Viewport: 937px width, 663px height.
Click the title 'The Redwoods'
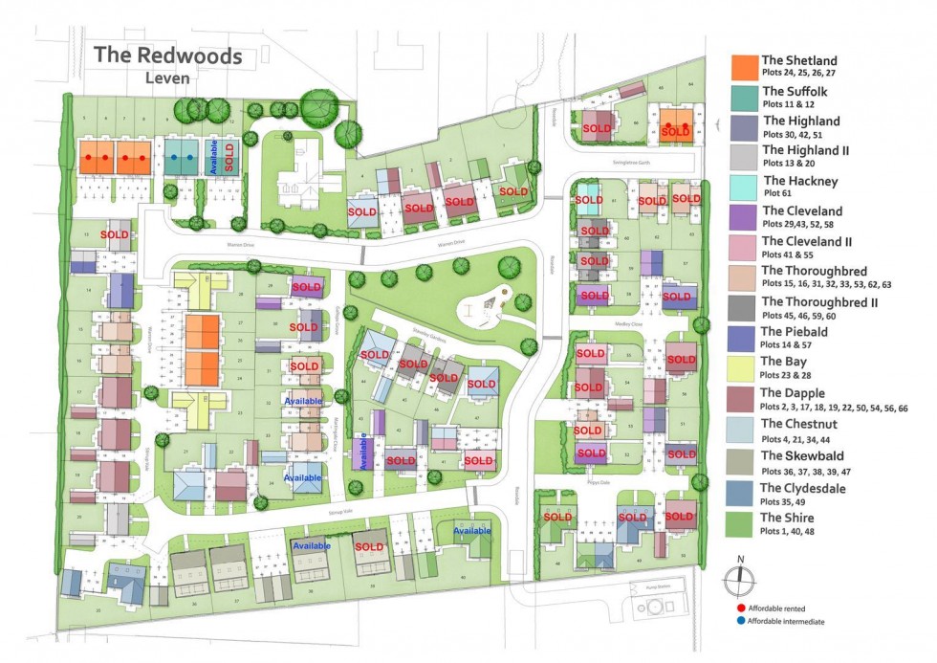pyautogui.click(x=167, y=55)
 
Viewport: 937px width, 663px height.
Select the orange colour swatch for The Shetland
pyautogui.click(x=745, y=67)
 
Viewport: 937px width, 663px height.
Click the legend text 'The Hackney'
pyautogui.click(x=799, y=180)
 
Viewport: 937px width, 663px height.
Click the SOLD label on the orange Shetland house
pyautogui.click(x=676, y=131)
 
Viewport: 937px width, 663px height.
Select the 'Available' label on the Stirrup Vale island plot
pyautogui.click(x=471, y=530)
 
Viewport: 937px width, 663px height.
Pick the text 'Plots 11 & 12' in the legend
pyautogui.click(x=788, y=103)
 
